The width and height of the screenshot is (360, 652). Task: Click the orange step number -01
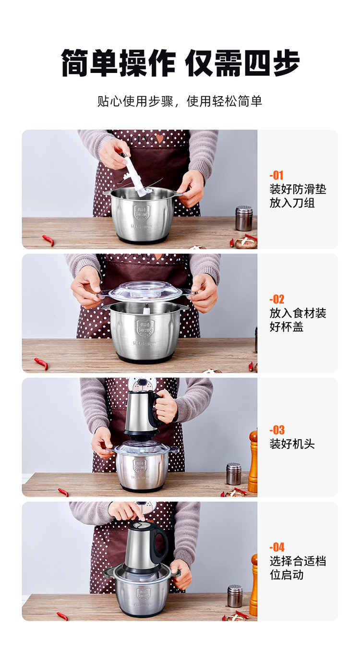click(x=276, y=175)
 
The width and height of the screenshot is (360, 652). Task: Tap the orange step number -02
click(x=276, y=299)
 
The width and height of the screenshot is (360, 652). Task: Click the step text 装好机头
click(x=292, y=444)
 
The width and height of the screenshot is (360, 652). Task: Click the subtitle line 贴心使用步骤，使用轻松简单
click(x=180, y=101)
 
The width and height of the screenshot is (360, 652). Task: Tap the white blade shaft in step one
click(x=136, y=174)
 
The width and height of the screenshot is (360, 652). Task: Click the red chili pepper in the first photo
click(x=48, y=240)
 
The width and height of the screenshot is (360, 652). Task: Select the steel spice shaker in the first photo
click(x=243, y=218)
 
